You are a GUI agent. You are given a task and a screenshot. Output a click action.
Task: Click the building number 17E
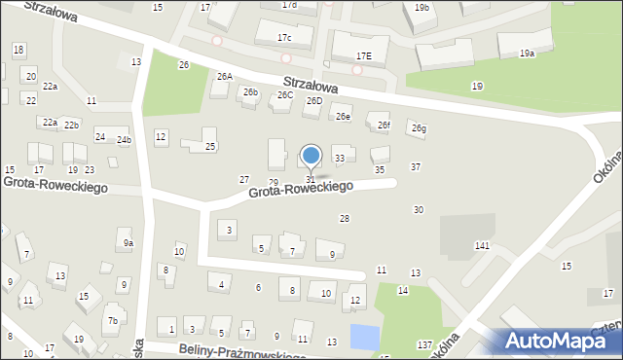[x=363, y=56]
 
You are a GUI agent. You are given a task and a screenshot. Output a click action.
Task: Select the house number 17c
[x=283, y=38]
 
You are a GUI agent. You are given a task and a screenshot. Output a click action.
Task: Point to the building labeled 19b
[x=421, y=8]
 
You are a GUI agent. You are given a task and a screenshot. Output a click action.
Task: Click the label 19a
[x=527, y=54]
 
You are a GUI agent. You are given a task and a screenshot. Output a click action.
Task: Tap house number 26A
[x=225, y=76]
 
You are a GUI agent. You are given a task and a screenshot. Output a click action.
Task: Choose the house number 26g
[x=419, y=128]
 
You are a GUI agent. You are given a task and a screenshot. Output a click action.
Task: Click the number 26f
[x=384, y=125]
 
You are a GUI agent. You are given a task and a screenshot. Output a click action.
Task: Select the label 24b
[x=124, y=139]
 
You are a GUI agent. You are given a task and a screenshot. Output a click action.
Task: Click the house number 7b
[x=113, y=321]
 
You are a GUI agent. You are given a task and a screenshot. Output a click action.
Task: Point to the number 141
[x=482, y=246]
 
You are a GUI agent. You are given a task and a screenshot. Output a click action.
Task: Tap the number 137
[x=424, y=345]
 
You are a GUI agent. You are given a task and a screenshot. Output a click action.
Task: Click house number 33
[x=339, y=158]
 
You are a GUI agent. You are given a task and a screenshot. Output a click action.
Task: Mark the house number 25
[x=210, y=147]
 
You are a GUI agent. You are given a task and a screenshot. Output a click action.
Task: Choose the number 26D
[x=313, y=100]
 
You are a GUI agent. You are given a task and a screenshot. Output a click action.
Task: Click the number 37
[x=416, y=167]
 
